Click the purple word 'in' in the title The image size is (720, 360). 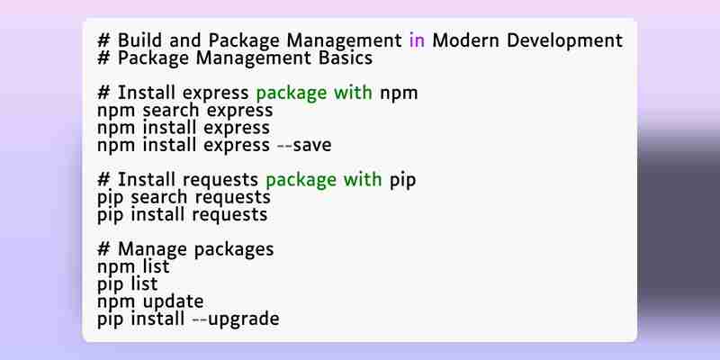click(417, 40)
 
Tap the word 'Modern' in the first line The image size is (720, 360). click(465, 40)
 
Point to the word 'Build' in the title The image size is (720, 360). click(139, 40)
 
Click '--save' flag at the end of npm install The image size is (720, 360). click(304, 145)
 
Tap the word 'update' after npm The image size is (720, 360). click(173, 302)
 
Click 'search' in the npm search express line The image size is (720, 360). click(171, 110)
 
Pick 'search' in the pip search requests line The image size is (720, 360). click(159, 197)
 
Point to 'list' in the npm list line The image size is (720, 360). click(156, 266)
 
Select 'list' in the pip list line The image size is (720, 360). click(144, 283)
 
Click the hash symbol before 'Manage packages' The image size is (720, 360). click(103, 250)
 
